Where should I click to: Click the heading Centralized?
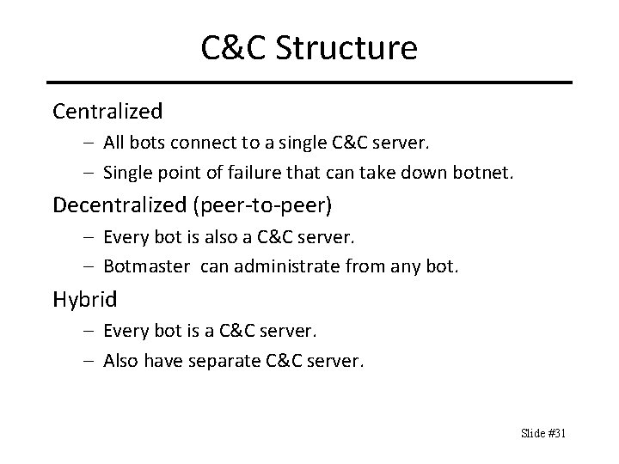107,111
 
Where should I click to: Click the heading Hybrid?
84,299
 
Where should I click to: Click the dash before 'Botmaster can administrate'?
91,267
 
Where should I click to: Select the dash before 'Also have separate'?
91,362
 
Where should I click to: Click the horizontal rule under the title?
309,82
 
